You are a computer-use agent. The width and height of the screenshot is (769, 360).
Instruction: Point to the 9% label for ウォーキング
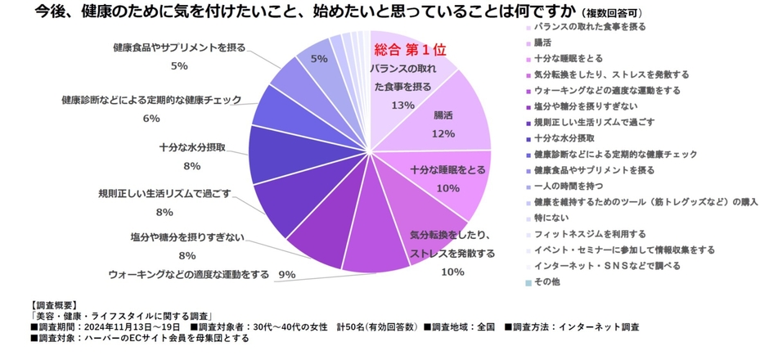coord(286,274)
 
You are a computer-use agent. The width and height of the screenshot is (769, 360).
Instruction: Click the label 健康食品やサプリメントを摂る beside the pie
coord(179,48)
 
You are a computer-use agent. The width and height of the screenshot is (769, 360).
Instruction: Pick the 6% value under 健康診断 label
coord(151,118)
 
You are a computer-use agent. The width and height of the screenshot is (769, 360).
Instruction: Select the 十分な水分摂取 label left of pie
coord(191,148)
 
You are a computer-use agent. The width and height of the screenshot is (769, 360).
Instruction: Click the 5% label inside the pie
coord(319,58)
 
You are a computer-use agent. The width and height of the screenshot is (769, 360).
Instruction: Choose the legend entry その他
coord(545,282)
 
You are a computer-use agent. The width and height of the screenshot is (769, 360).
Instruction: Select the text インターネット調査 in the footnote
coord(598,326)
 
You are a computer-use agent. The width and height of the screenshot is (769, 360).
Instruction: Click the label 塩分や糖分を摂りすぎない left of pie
coord(187,237)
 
